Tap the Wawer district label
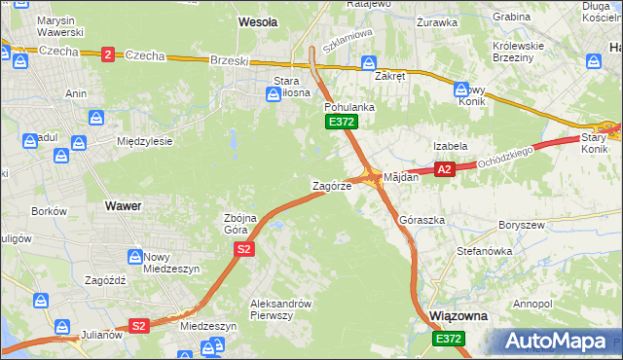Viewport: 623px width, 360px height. click(123, 206)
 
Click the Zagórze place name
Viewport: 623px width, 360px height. click(331, 186)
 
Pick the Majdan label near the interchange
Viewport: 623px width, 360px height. click(401, 178)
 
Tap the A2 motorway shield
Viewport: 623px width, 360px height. click(445, 169)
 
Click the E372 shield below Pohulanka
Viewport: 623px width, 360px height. click(342, 122)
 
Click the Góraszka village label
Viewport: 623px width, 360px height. click(422, 221)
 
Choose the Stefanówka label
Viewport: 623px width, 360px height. click(484, 251)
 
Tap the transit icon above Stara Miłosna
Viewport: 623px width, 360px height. click(275, 94)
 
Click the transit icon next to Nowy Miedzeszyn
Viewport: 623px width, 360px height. click(133, 257)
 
